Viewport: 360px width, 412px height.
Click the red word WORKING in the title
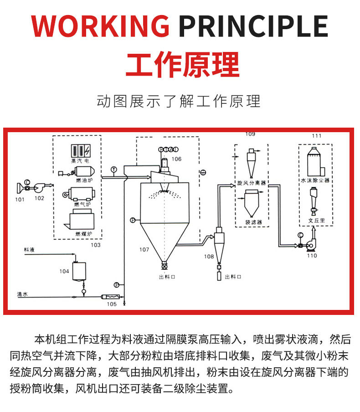point(100,26)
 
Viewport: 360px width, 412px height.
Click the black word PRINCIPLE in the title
point(253,26)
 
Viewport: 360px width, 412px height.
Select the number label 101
point(20,199)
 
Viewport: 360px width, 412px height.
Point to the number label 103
point(95,245)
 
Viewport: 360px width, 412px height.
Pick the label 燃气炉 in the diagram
point(83,204)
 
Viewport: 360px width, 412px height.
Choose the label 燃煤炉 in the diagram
point(83,233)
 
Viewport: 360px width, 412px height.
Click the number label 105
point(112,304)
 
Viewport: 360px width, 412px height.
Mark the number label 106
point(176,159)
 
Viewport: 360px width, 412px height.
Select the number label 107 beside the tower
point(144,250)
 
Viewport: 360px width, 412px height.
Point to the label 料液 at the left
point(30,250)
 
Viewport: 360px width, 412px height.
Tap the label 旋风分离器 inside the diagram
point(251,182)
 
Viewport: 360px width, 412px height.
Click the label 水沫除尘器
point(315,180)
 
